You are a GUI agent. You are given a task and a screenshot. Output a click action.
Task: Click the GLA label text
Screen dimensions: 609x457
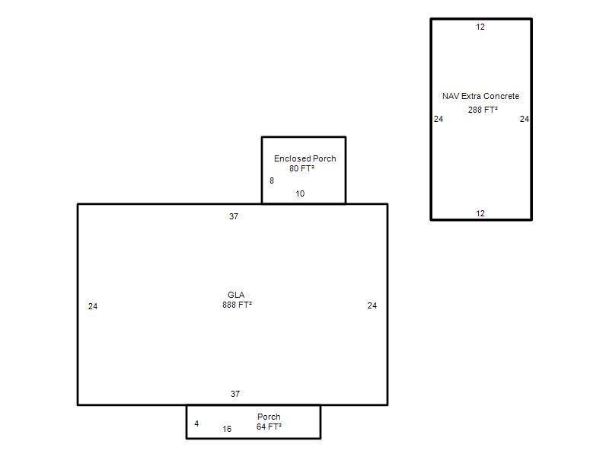tap(236, 295)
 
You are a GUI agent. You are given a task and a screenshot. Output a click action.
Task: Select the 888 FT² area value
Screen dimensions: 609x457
tap(237, 305)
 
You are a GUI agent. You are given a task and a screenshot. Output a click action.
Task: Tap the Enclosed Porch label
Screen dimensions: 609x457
tap(305, 158)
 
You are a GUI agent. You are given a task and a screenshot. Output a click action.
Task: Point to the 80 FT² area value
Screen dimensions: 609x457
tap(301, 168)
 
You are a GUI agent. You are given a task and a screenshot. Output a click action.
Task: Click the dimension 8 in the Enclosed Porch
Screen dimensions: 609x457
tap(272, 181)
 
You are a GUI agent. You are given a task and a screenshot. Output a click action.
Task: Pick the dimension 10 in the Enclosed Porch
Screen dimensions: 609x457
tap(300, 193)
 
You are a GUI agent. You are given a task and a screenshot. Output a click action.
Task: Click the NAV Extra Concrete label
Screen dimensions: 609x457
tap(481, 96)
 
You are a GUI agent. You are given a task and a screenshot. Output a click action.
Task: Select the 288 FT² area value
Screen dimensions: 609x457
tap(483, 110)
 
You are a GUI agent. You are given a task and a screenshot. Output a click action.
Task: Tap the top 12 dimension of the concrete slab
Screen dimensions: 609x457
tap(480, 27)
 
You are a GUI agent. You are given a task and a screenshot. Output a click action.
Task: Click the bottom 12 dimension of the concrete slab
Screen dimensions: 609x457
tap(480, 213)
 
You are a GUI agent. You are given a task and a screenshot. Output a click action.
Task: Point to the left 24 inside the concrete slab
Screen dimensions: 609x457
tap(438, 119)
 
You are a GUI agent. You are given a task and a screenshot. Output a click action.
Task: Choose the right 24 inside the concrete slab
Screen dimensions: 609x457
tap(525, 119)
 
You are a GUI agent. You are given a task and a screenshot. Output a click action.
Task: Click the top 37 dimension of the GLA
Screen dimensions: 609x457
tap(234, 216)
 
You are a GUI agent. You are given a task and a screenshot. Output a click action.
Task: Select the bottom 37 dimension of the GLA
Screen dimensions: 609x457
tap(235, 394)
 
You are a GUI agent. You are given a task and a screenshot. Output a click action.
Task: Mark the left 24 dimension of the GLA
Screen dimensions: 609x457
tap(93, 307)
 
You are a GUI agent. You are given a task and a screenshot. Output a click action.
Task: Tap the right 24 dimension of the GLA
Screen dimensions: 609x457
tap(372, 306)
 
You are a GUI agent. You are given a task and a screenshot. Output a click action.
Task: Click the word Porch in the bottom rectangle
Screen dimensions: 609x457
tap(269, 417)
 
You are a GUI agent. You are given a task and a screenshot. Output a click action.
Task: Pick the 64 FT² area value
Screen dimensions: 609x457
tap(269, 427)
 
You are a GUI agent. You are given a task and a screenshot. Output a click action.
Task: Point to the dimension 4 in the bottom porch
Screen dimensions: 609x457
tap(196, 423)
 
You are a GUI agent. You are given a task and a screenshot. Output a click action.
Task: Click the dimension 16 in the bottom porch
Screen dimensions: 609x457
tap(227, 429)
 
